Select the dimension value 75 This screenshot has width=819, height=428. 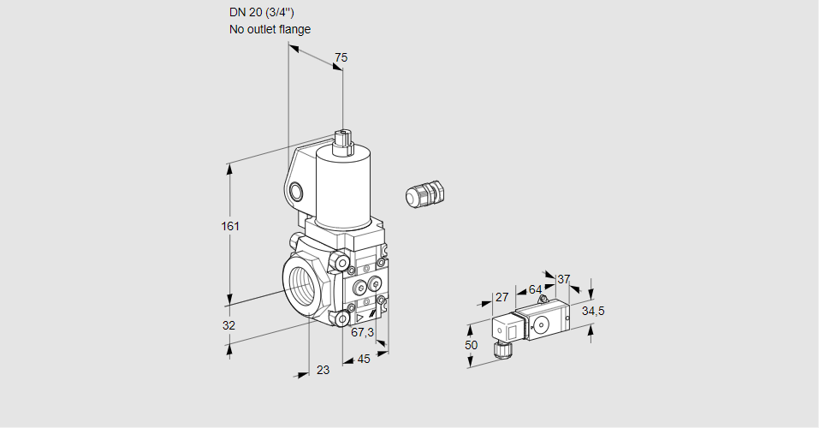341,57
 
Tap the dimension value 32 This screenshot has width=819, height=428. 228,325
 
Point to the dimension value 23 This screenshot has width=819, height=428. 323,370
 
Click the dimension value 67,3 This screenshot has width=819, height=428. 362,332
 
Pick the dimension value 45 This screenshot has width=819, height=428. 364,359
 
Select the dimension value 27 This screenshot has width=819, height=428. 502,297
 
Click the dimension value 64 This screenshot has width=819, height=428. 535,289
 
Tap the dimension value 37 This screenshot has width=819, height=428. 563,279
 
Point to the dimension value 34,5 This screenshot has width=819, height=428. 593,311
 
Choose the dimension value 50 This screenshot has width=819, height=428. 471,344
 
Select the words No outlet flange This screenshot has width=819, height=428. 270,29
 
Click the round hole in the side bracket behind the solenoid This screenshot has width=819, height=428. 296,190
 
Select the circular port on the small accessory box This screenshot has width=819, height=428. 541,324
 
